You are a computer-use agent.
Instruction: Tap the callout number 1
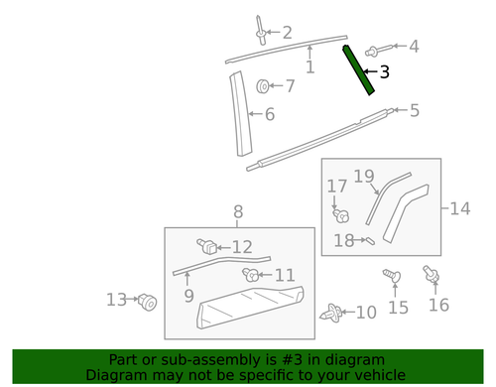point(310,66)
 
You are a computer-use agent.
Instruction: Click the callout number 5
point(414,110)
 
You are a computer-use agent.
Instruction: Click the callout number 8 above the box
point(238,211)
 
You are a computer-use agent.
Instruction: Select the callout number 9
point(188,295)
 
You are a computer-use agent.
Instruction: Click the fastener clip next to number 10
point(331,314)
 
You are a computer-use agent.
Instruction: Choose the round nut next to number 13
point(148,301)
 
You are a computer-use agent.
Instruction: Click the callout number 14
point(458,208)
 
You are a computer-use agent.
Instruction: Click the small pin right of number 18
point(367,239)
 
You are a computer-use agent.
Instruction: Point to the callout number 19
point(364,177)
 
